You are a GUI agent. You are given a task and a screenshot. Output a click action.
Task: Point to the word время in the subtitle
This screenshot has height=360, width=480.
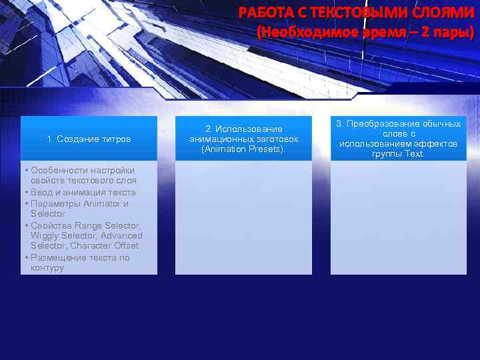383,31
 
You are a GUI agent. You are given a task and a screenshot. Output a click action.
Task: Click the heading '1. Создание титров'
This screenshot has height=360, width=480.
89,139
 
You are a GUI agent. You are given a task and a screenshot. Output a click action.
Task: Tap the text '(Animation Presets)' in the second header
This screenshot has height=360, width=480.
243,149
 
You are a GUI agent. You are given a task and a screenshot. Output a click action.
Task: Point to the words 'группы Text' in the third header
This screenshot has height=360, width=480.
398,154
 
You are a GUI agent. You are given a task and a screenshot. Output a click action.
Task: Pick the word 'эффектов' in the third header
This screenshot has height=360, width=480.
434,144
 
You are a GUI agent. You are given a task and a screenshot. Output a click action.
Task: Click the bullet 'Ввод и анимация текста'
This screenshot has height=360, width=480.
83,192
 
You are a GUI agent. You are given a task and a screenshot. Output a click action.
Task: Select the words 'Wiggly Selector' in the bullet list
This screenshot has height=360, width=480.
62,236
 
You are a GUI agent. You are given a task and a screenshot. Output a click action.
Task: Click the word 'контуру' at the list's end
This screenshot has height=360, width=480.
47,268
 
